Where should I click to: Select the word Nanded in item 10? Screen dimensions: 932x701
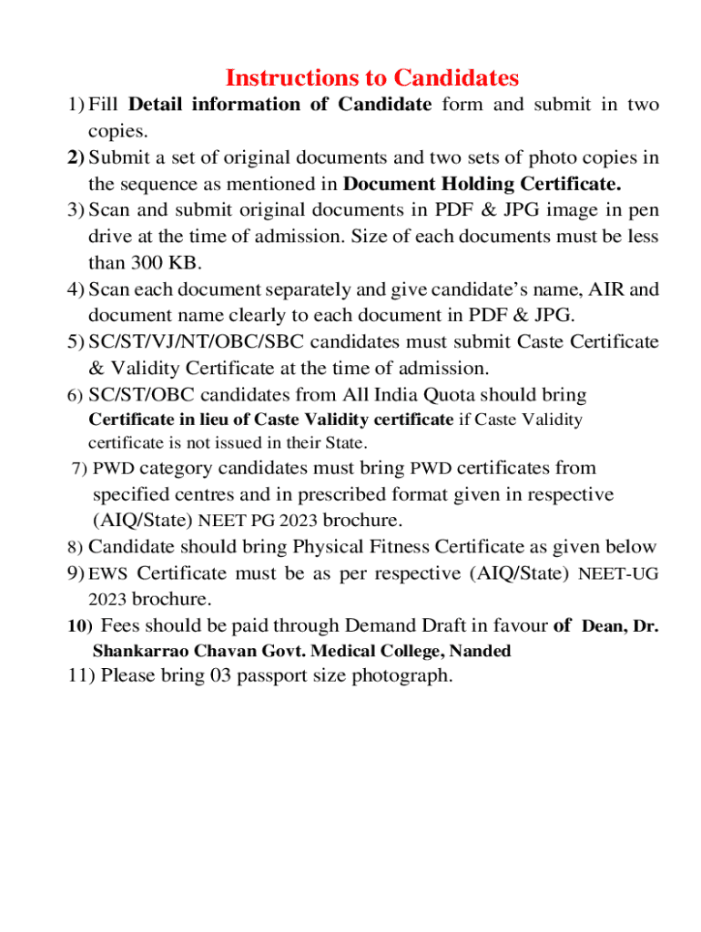click(x=480, y=651)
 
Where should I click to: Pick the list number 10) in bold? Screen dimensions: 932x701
click(x=80, y=626)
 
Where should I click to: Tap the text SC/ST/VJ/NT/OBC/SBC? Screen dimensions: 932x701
click(x=196, y=342)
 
